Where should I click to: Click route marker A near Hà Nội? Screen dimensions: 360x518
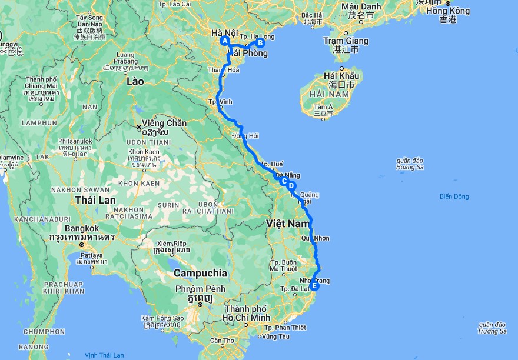click(x=224, y=41)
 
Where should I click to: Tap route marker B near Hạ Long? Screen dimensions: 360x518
click(x=261, y=42)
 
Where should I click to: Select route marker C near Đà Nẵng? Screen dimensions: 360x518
click(x=284, y=181)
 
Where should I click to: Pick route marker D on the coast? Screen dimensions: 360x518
click(x=291, y=186)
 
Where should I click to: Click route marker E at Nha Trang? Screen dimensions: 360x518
click(x=315, y=286)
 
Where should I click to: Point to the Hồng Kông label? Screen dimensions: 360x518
click(x=448, y=11)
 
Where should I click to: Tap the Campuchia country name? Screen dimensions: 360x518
click(x=200, y=273)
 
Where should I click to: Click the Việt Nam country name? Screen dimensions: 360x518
click(x=287, y=224)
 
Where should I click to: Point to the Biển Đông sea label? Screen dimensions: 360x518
click(x=454, y=196)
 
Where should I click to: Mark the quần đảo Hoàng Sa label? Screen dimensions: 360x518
click(x=410, y=163)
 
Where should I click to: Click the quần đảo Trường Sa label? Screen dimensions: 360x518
click(x=493, y=328)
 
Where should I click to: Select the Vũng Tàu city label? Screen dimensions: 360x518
click(x=277, y=336)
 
